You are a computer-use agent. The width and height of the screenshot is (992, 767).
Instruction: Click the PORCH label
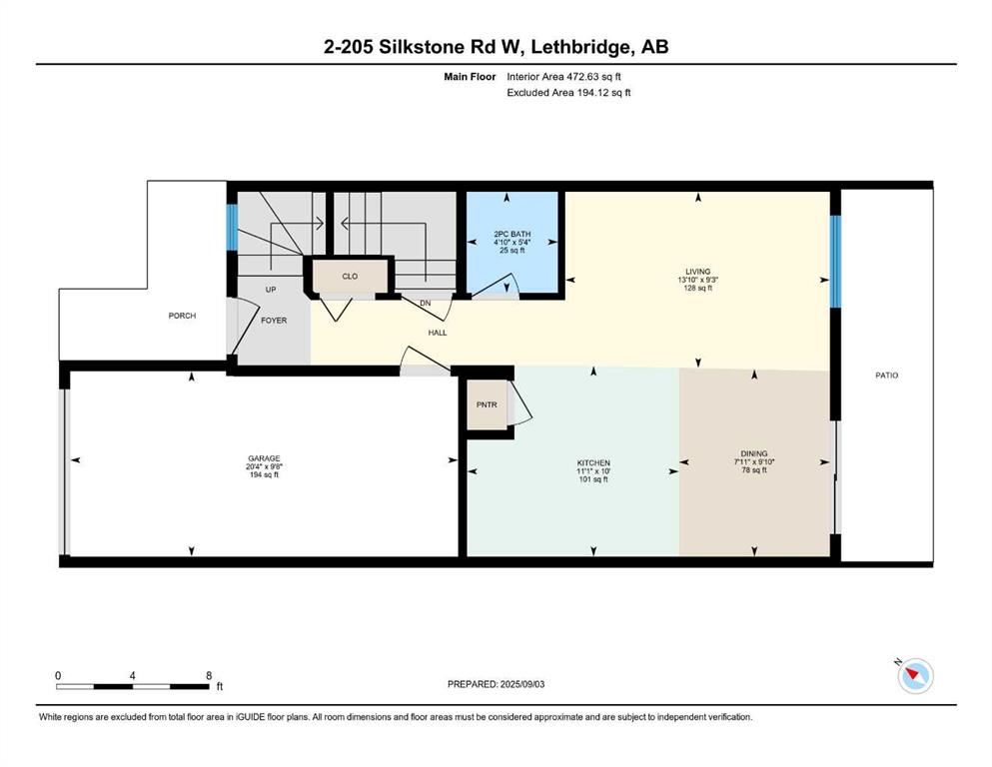pyautogui.click(x=182, y=316)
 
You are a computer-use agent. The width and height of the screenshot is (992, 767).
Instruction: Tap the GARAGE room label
pyautogui.click(x=264, y=458)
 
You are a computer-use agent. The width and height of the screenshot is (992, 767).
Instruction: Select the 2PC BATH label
pyautogui.click(x=512, y=234)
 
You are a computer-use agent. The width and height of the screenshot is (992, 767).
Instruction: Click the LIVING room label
pyautogui.click(x=698, y=272)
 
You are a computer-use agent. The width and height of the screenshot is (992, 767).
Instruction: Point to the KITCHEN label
pyautogui.click(x=593, y=462)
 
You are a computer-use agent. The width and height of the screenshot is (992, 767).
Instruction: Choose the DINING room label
pyautogui.click(x=754, y=453)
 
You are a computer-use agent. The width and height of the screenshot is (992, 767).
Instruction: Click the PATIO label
pyautogui.click(x=886, y=375)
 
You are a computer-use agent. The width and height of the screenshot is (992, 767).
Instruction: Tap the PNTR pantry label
pyautogui.click(x=487, y=404)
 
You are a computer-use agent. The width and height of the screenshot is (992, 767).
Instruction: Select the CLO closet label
pyautogui.click(x=350, y=277)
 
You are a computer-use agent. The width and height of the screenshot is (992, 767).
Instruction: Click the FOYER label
pyautogui.click(x=274, y=321)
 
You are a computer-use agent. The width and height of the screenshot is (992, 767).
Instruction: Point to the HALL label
pyautogui.click(x=438, y=333)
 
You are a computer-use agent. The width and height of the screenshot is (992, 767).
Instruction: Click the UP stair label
pyautogui.click(x=271, y=290)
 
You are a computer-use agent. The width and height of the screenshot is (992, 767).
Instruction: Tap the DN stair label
pyautogui.click(x=426, y=304)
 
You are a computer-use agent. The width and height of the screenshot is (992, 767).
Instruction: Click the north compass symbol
pyautogui.click(x=915, y=676)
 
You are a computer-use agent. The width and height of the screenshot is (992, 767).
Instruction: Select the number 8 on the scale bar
pyautogui.click(x=209, y=675)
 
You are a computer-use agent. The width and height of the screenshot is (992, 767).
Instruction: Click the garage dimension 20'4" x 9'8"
pyautogui.click(x=264, y=466)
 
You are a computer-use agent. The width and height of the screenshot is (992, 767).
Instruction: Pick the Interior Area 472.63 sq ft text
pyautogui.click(x=563, y=77)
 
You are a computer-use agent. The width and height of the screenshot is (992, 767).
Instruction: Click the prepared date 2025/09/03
pyautogui.click(x=521, y=684)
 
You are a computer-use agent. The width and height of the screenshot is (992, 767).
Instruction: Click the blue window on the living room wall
pyautogui.click(x=835, y=261)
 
